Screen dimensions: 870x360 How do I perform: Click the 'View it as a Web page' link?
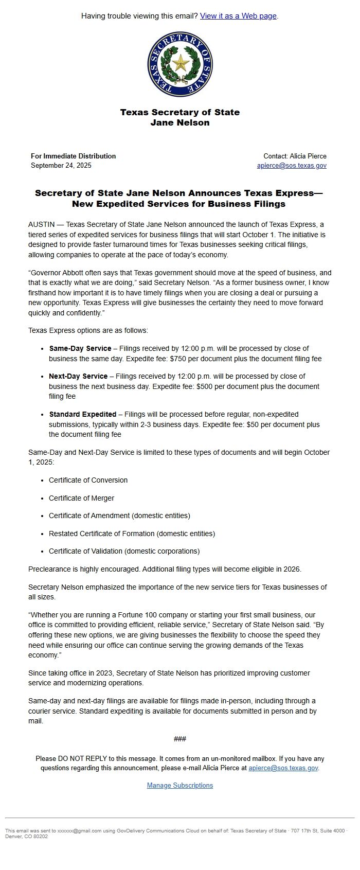238,16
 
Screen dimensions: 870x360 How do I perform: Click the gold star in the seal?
180,63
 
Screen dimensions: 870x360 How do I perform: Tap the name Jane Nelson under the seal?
180,123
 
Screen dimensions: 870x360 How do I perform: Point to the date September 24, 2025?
61,166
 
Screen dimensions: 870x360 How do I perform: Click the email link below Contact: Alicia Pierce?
292,166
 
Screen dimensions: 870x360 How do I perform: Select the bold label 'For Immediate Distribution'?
73,156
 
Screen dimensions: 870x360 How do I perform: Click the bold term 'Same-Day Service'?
80,349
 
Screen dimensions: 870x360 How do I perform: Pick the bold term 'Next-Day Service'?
78,377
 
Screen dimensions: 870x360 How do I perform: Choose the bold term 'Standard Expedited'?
83,415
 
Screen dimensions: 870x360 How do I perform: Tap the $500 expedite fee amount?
206,387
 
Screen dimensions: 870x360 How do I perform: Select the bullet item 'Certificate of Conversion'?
88,481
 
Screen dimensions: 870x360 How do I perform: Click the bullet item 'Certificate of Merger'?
81,499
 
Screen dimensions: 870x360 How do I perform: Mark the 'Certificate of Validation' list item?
124,552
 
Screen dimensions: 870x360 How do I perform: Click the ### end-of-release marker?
180,739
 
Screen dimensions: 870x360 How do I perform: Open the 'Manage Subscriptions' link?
180,786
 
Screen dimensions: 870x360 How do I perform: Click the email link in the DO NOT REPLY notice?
283,768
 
